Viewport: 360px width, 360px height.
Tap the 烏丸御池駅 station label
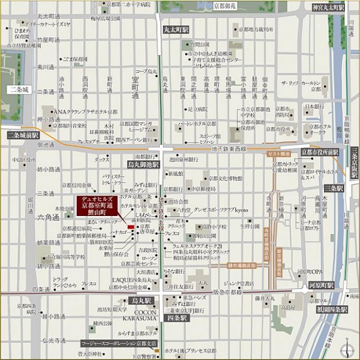(x=143, y=164)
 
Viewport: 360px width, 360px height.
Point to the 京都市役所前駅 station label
(x=320, y=152)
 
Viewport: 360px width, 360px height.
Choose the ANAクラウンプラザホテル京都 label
(x=85, y=112)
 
